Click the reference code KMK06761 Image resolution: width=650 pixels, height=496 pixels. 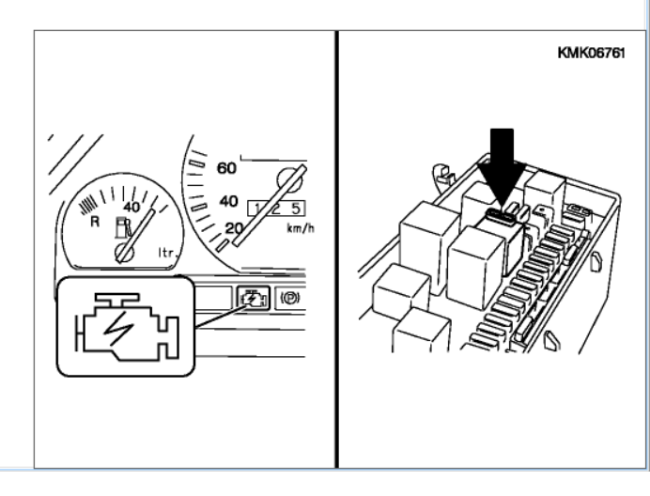591,54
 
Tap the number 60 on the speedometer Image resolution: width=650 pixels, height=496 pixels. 226,168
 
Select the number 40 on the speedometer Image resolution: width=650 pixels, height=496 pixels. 228,201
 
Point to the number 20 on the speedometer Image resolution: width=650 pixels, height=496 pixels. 233,228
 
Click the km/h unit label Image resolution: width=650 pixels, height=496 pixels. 301,227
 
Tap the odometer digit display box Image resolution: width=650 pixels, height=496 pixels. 276,209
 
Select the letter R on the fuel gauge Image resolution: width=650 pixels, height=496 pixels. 95,222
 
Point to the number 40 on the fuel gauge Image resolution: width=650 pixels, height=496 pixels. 132,207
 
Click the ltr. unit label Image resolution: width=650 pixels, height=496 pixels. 168,252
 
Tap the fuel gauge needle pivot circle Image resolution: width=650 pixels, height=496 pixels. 124,253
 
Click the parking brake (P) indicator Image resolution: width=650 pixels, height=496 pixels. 289,298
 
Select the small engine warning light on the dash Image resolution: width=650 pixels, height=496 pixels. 253,298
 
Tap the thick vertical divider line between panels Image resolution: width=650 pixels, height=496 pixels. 336,249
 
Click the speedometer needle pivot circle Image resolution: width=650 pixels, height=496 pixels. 290,180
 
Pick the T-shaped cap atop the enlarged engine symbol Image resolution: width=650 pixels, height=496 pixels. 116,301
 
